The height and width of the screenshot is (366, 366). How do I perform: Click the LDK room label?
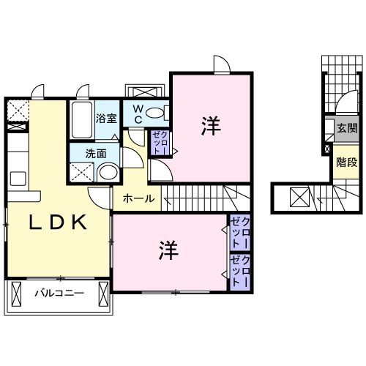pyautogui.click(x=59, y=223)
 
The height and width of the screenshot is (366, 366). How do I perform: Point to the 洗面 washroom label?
pyautogui.click(x=95, y=154)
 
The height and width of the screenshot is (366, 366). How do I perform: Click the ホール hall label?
pyautogui.click(x=138, y=198)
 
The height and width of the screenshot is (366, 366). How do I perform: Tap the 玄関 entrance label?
pyautogui.click(x=345, y=129)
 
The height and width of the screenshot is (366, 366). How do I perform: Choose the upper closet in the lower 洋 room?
pyautogui.click(x=240, y=234)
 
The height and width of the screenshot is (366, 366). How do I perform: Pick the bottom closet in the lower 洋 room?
pyautogui.click(x=240, y=271)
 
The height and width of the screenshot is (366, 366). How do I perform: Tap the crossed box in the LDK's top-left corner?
pyautogui.click(x=16, y=110)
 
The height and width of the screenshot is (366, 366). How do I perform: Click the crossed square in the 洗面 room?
pyautogui.click(x=82, y=173)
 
